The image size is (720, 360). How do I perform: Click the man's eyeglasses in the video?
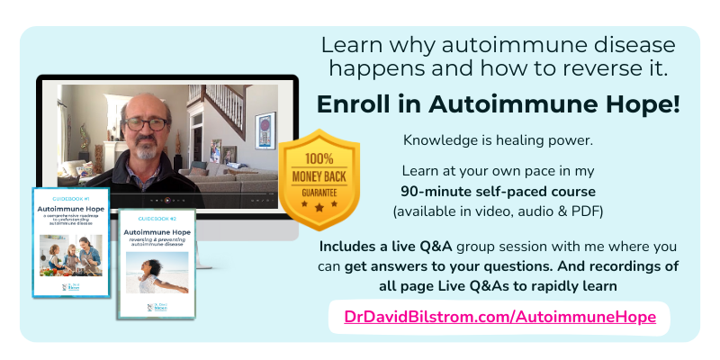(x=151, y=123)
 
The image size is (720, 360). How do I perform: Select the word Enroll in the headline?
(x=356, y=103)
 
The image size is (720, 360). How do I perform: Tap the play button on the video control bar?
(x=165, y=199)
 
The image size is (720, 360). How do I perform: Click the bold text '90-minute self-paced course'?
(x=499, y=191)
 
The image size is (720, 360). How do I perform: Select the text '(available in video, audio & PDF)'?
(x=499, y=211)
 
